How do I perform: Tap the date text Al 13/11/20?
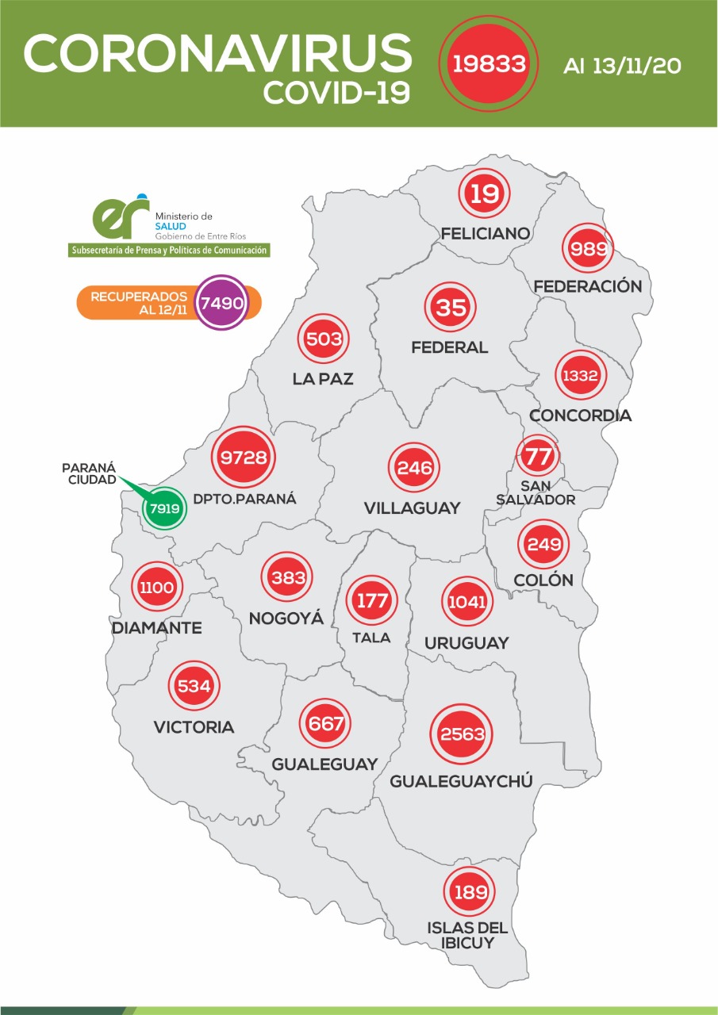[622, 66]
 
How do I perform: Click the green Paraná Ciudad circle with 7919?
[164, 507]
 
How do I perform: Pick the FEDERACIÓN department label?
[588, 285]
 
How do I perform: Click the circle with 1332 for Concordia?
[580, 376]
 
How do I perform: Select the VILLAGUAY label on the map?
[412, 508]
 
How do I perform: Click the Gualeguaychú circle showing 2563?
[462, 734]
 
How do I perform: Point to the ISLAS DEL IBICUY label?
[467, 935]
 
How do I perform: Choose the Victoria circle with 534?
[194, 686]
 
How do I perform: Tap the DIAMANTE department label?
[156, 628]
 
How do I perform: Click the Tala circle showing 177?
[371, 600]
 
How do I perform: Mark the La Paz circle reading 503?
[323, 340]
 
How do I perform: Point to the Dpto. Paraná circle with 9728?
[244, 457]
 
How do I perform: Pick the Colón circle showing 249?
[544, 545]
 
